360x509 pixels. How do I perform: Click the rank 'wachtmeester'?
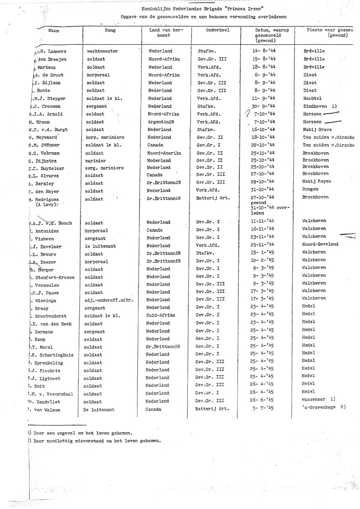point(102,51)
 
